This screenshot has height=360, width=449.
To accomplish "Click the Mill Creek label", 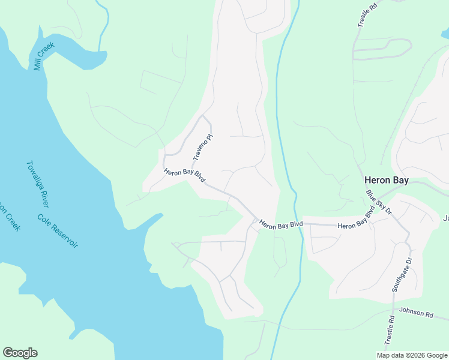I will pyautogui.click(x=44, y=56).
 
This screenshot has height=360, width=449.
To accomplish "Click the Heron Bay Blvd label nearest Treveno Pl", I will pyautogui.click(x=185, y=176).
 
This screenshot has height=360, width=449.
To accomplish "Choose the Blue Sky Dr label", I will pyautogui.click(x=378, y=203).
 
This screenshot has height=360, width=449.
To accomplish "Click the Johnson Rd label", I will pyautogui.click(x=416, y=313).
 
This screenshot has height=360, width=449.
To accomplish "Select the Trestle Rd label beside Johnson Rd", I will pyautogui.click(x=390, y=329).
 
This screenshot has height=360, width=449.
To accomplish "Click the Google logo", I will pyautogui.click(x=20, y=353).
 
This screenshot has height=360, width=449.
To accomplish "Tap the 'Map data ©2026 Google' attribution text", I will pyautogui.click(x=412, y=355).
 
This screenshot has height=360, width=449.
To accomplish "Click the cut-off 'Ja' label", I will pyautogui.click(x=445, y=218).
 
